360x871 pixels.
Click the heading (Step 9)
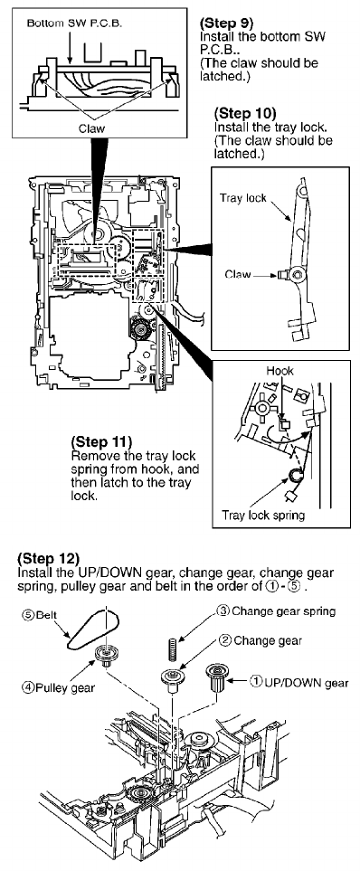(226, 24)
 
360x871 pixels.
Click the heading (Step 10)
(244, 113)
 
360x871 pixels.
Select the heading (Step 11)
(101, 442)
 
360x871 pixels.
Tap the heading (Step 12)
(49, 558)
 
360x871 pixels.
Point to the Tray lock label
(242, 198)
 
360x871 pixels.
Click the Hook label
(279, 371)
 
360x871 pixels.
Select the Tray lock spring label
(263, 515)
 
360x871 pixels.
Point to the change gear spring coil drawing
(172, 646)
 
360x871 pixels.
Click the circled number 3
(223, 611)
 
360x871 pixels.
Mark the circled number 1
(256, 682)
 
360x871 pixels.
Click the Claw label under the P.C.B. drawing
(91, 128)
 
